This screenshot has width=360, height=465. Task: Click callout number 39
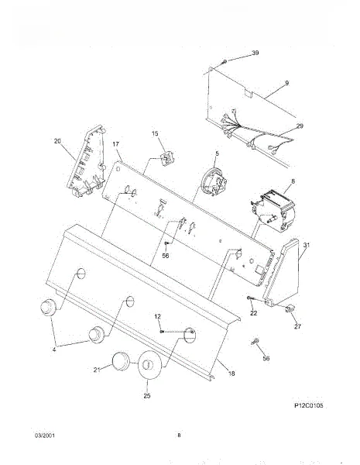coord(255,53)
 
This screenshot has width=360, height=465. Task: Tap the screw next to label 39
coord(224,62)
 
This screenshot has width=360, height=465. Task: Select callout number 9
coord(286,83)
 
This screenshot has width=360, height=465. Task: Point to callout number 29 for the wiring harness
coord(300,126)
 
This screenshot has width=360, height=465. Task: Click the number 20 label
coord(57,141)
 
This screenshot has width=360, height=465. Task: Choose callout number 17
coord(116,144)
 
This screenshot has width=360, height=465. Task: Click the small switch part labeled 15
coord(166,157)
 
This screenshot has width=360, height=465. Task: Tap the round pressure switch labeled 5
coord(214,182)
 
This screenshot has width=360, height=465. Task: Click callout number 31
coord(307,245)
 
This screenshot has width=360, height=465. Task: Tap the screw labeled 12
coord(162,331)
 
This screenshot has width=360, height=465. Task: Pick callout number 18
coord(231,374)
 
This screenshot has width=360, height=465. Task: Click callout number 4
coord(54,350)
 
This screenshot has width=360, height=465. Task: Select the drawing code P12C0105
coord(309,405)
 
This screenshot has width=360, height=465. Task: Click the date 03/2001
coord(45,436)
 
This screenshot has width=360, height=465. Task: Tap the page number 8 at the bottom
coord(179,436)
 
